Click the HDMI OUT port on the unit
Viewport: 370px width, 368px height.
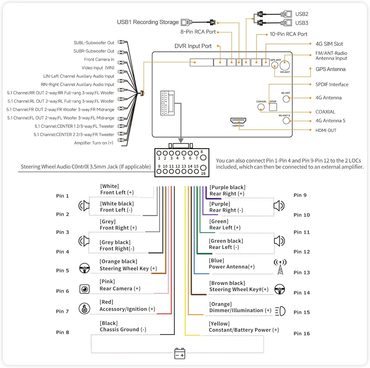point(238,121)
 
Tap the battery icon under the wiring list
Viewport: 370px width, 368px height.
point(180,353)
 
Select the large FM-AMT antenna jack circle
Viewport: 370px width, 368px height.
point(285,65)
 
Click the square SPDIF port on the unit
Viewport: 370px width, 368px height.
point(273,107)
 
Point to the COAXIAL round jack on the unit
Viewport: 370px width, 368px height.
point(261,107)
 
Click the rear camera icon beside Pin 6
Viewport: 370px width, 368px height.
point(84,289)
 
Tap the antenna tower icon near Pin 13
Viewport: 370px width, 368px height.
point(280,267)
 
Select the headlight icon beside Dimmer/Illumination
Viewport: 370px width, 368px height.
point(280,311)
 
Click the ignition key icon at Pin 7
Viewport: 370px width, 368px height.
point(84,308)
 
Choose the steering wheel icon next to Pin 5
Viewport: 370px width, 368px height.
point(84,268)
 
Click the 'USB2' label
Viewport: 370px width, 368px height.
point(302,14)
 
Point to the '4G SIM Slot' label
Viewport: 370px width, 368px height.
point(329,44)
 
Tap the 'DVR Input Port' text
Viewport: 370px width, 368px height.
point(193,46)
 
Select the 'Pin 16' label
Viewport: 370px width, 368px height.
point(302,334)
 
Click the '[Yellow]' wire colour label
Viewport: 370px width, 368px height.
point(219,323)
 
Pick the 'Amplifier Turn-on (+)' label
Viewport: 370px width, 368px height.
point(94,143)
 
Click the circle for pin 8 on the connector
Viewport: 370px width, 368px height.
point(203,158)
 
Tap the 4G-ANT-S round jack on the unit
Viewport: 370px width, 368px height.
point(286,121)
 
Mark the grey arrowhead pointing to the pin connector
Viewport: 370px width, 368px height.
point(181,140)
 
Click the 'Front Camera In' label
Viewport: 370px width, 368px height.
point(99,60)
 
